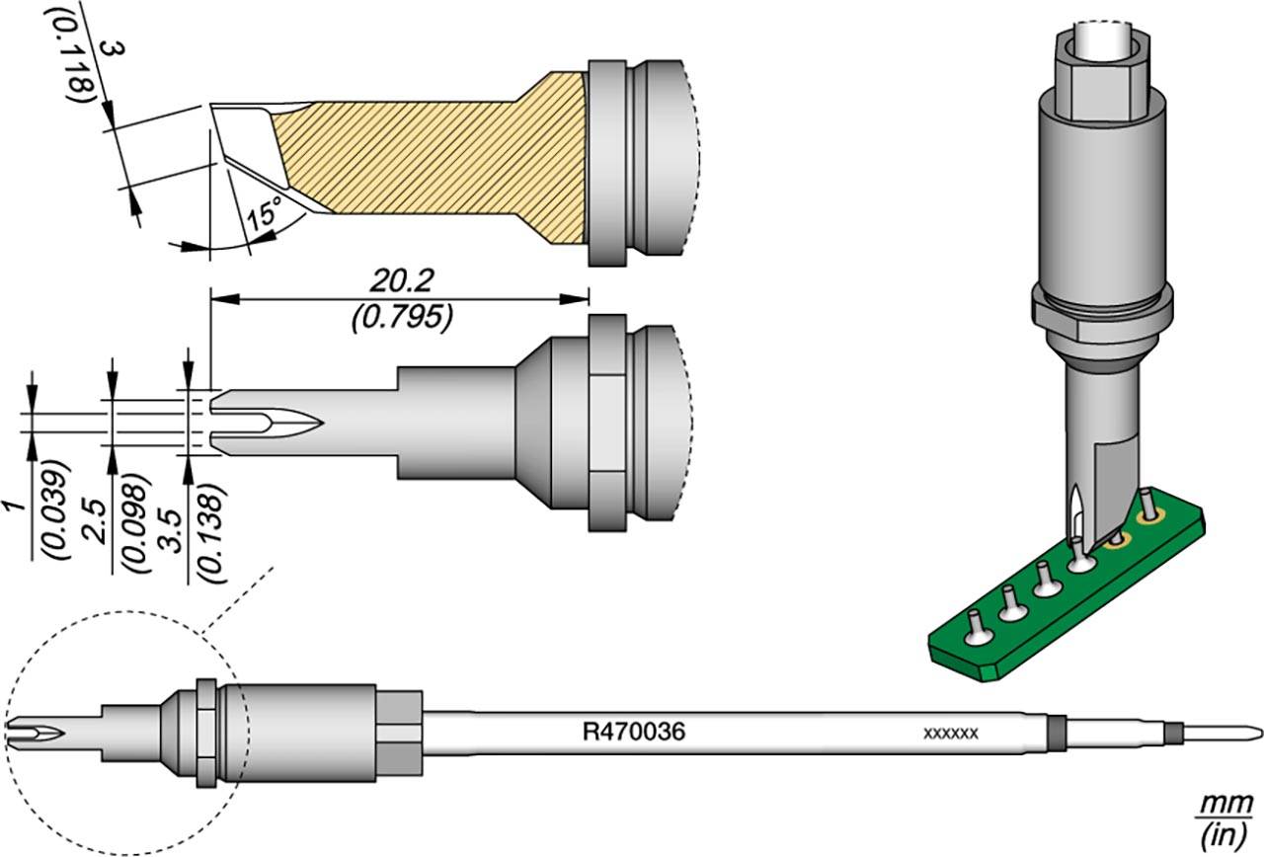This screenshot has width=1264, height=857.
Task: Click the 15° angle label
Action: (264, 213)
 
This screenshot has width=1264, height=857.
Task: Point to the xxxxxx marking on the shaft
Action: (950, 734)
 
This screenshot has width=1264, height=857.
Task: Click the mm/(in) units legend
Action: (1223, 821)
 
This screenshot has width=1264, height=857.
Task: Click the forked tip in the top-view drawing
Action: (267, 423)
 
